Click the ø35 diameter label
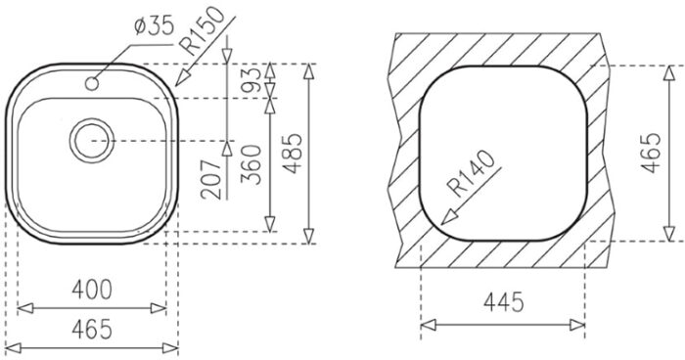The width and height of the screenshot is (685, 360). pyautogui.click(x=154, y=26)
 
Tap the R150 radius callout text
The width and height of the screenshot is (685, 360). pyautogui.click(x=204, y=30)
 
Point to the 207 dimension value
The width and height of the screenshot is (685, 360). pyautogui.click(x=212, y=179)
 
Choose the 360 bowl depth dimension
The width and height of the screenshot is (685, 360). pyautogui.click(x=251, y=164)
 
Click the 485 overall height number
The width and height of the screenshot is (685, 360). pyautogui.click(x=293, y=154)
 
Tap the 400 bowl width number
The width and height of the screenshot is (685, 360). pyautogui.click(x=92, y=290)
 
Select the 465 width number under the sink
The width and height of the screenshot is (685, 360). pyautogui.click(x=92, y=329)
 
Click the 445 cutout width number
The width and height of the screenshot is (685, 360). pyautogui.click(x=503, y=302)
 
